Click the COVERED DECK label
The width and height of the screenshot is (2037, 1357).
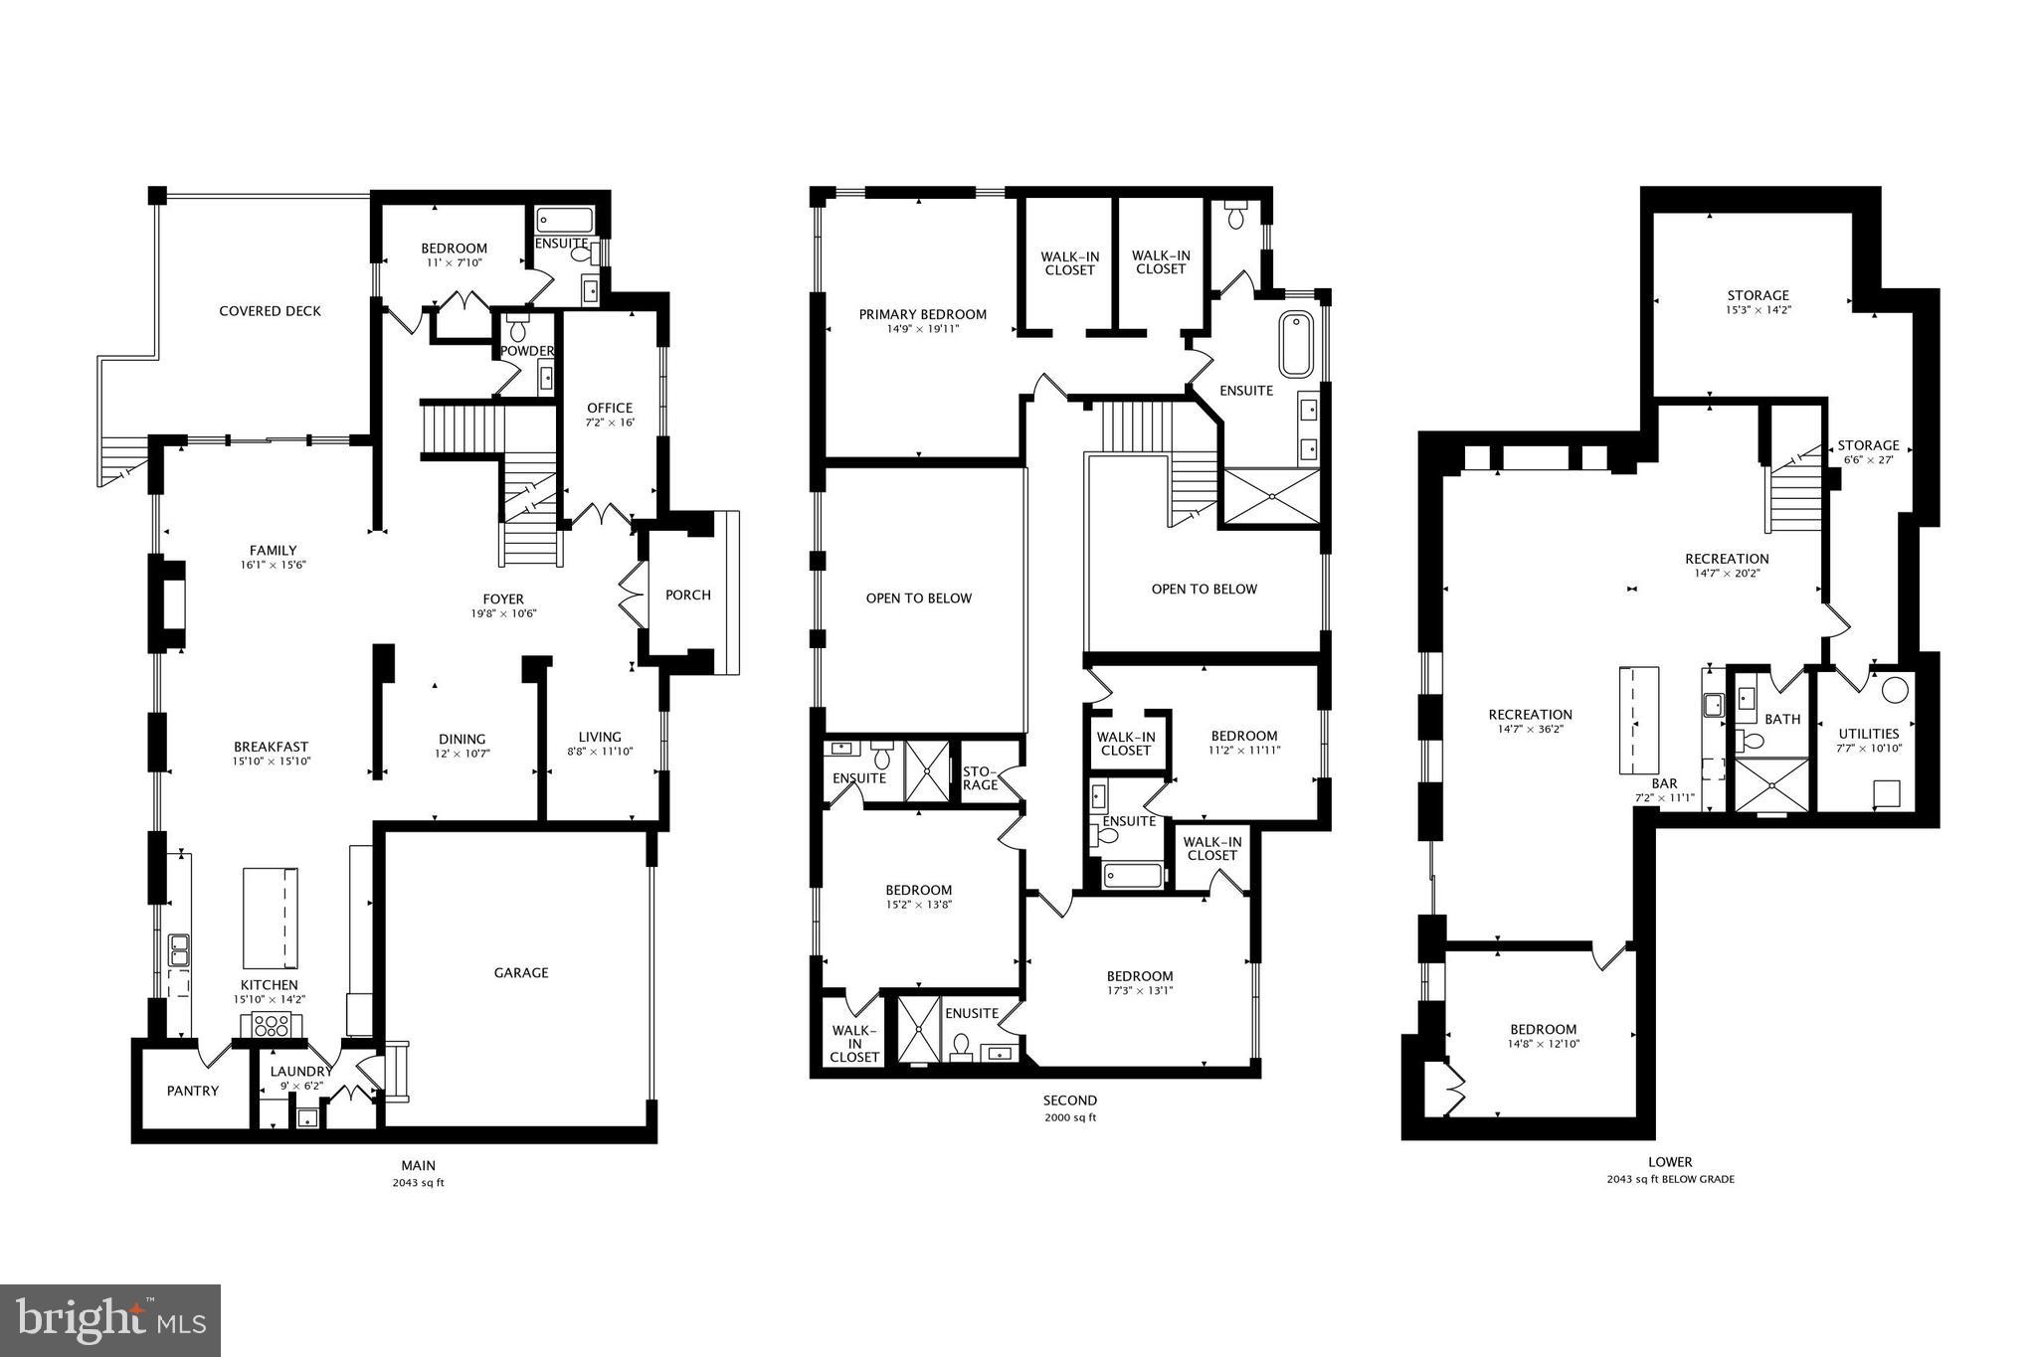click(x=270, y=311)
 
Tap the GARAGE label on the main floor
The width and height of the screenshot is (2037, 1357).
click(x=521, y=972)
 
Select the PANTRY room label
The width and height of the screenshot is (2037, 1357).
click(x=192, y=1091)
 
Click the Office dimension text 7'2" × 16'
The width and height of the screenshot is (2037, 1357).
click(x=610, y=423)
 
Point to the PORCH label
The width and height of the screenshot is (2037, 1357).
click(x=688, y=594)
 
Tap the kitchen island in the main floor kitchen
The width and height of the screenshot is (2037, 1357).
click(x=271, y=917)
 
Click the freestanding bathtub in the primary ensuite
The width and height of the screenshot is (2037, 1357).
click(x=1295, y=344)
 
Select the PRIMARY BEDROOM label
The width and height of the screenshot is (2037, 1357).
click(x=923, y=314)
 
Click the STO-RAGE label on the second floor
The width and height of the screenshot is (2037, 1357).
click(x=981, y=777)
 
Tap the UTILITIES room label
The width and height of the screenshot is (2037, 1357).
click(x=1869, y=734)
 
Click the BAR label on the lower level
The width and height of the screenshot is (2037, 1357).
click(x=1664, y=783)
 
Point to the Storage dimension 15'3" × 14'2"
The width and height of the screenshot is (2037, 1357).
click(x=1758, y=309)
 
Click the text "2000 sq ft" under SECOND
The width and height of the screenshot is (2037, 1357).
click(x=1070, y=1117)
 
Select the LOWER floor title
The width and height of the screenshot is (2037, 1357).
click(x=1670, y=1161)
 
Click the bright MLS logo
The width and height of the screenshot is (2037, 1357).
click(x=110, y=1320)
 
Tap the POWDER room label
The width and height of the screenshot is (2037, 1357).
click(x=526, y=351)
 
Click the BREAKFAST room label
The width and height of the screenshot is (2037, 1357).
click(x=271, y=747)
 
